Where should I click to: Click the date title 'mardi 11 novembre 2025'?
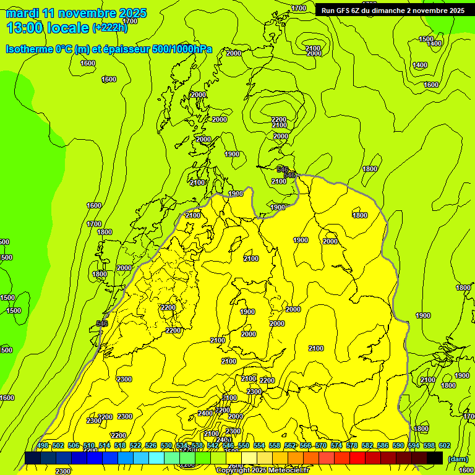pos(76,13)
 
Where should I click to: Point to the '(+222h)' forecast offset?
pos(109,27)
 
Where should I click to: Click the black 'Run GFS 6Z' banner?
pos(393,11)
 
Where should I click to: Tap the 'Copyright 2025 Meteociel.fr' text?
pos(262,470)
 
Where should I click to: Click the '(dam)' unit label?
pos(457,459)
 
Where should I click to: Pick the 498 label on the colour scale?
pos(43,446)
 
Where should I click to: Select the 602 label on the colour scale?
pos(445,446)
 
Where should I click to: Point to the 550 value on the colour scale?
pos(244,446)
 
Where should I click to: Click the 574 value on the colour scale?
pos(336,446)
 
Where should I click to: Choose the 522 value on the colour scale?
pos(135,446)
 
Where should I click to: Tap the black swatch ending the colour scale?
pos(435,458)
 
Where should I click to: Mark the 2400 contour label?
pos(205,413)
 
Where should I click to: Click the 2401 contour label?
pos(225,440)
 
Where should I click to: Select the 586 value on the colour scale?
pos(383,446)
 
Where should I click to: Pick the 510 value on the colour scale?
pos(89,446)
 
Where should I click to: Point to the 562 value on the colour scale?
pos(290,446)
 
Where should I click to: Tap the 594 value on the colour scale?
pos(414,446)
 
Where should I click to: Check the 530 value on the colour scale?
pos(166,446)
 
